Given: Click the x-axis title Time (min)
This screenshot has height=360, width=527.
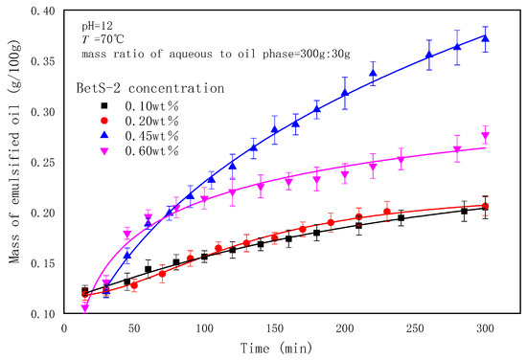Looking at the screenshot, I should (286, 349).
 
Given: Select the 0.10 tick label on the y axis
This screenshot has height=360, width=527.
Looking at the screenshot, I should (43, 313).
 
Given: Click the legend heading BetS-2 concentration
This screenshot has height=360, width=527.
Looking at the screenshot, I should (150, 87).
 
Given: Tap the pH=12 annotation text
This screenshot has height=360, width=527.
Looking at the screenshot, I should (92, 20).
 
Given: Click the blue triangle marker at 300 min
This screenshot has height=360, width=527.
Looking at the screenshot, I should (486, 38).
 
